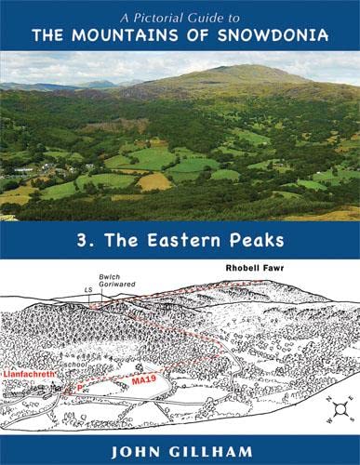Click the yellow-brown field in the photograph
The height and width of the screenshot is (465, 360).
click(153, 182)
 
